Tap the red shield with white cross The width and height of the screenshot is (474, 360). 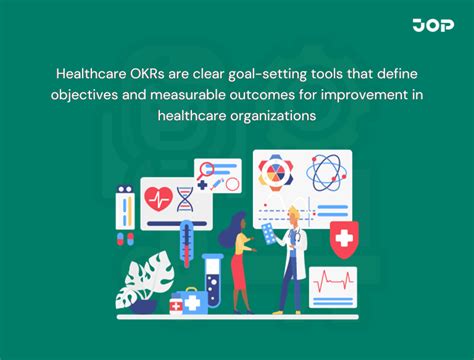[343, 241]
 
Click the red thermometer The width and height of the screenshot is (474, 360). [186, 245]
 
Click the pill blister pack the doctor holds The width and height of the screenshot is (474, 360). [268, 233]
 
